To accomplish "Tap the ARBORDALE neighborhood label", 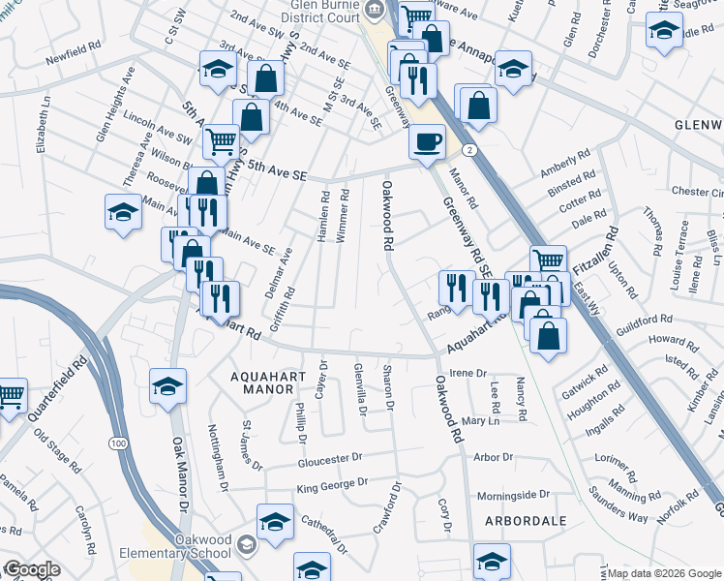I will (x=525, y=521).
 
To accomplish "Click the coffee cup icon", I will (x=427, y=141).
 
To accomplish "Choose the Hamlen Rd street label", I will (x=324, y=217).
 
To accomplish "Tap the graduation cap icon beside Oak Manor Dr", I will (x=168, y=386).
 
